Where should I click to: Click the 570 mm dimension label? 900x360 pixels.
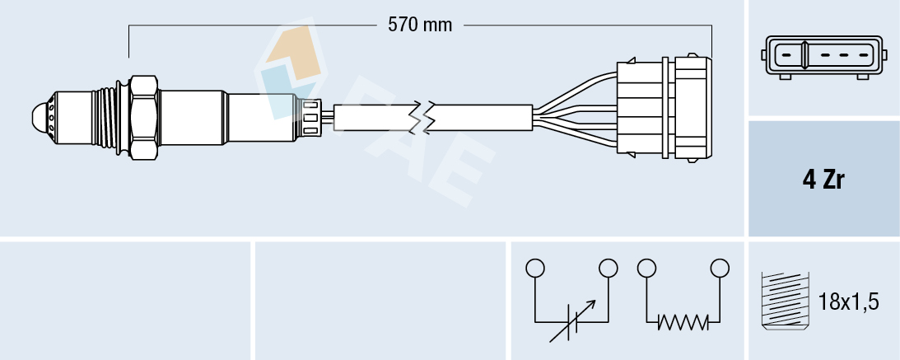(x=420, y=26)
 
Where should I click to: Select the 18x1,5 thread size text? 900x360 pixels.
(x=848, y=302)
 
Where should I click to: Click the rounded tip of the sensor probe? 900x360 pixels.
(x=39, y=119)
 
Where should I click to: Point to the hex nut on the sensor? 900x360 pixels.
(x=143, y=118)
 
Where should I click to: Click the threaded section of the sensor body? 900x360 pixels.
(x=105, y=118)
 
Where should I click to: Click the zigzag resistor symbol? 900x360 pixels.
(x=683, y=321)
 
